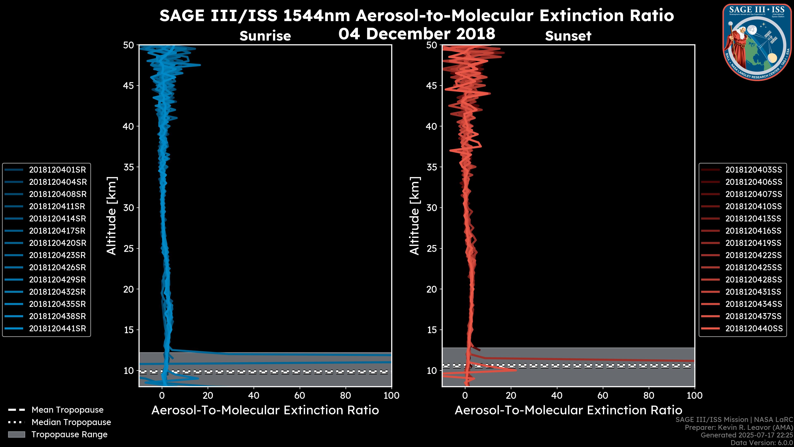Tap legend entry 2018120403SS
[x=753, y=170]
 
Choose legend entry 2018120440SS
[x=753, y=329]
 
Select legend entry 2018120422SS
[x=753, y=255]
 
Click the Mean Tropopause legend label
[x=67, y=410]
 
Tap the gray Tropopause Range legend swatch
[x=16, y=434]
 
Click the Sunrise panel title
[x=265, y=36]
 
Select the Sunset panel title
[x=568, y=36]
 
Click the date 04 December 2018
[x=417, y=33]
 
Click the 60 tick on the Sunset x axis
[x=603, y=395]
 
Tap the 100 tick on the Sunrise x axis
[x=391, y=395]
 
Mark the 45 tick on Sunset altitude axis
[x=432, y=85]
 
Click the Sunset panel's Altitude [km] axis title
[x=415, y=216]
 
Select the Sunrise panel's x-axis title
[x=265, y=410]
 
